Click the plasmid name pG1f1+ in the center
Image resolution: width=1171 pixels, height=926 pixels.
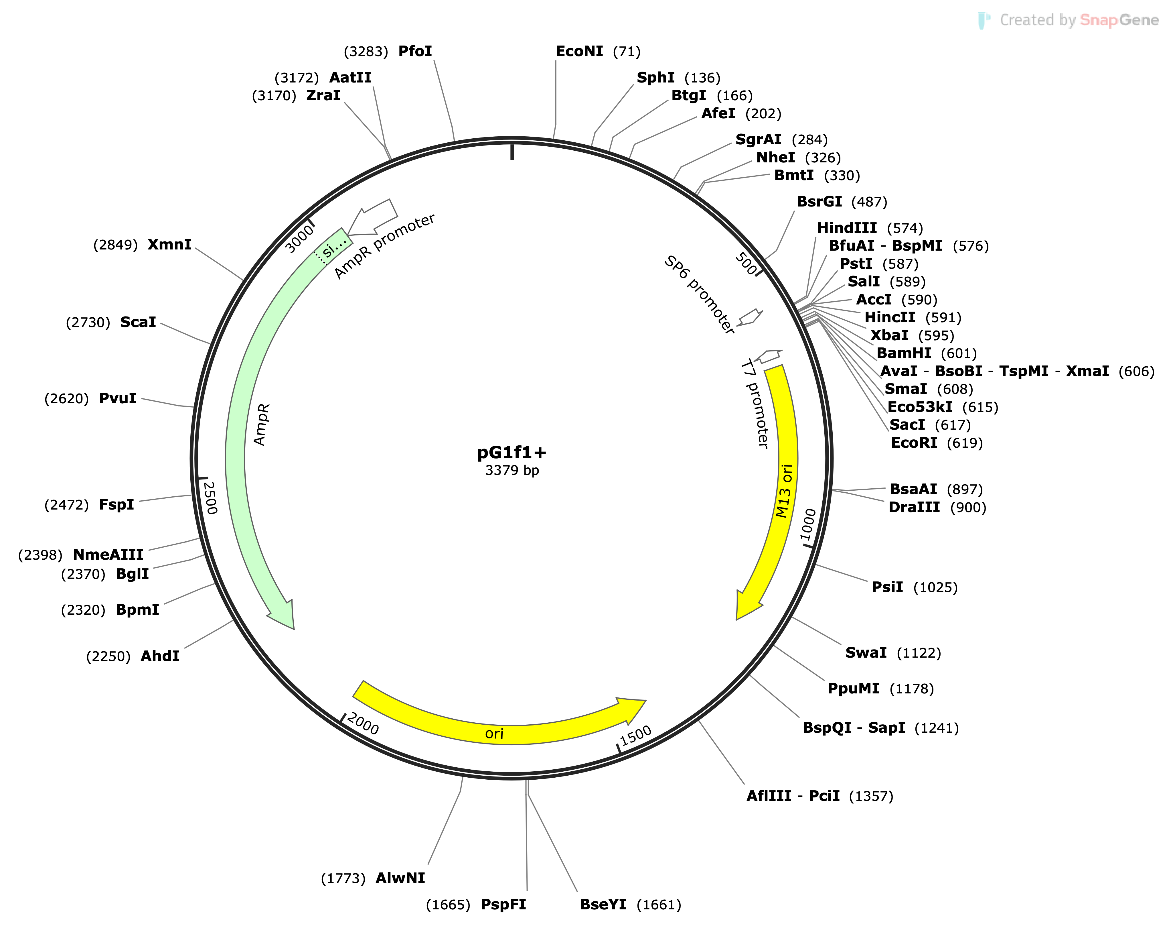tap(512, 452)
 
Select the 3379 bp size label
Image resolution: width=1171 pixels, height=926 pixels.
tap(512, 470)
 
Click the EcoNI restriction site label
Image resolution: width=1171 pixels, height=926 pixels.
tap(579, 52)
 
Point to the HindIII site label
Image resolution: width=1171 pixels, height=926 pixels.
tap(846, 228)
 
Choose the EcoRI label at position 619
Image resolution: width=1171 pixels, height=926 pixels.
tap(914, 443)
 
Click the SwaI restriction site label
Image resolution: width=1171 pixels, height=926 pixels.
tap(866, 653)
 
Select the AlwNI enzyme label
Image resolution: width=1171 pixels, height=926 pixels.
tap(400, 878)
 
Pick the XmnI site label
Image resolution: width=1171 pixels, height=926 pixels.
tap(170, 245)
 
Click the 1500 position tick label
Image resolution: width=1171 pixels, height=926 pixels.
tap(636, 736)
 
